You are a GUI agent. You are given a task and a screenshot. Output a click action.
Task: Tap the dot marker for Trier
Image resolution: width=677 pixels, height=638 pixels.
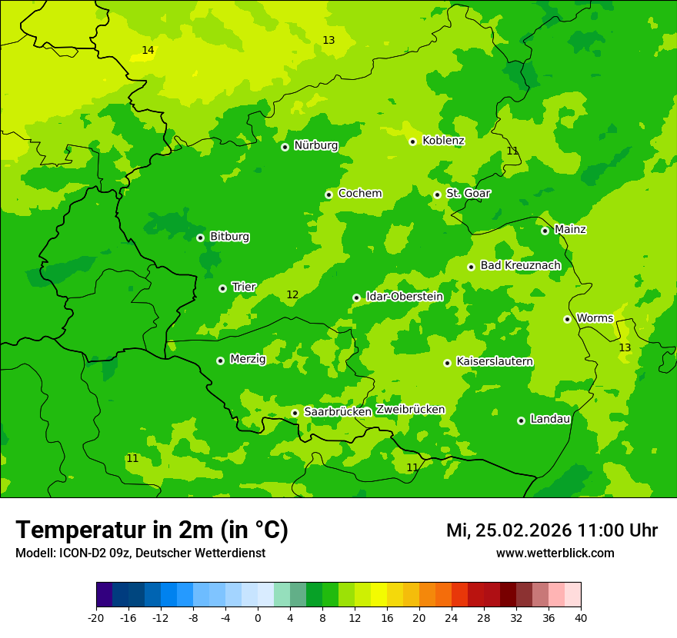tap(222, 288)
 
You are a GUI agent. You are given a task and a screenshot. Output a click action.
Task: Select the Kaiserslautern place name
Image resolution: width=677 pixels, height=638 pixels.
tap(495, 361)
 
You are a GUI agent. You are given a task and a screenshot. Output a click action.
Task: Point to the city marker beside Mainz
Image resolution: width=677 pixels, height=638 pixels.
tap(545, 231)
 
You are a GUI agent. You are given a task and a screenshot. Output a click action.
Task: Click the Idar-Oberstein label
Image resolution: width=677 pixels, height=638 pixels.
tap(404, 297)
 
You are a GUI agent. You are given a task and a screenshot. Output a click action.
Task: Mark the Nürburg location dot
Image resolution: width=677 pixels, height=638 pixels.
tap(285, 147)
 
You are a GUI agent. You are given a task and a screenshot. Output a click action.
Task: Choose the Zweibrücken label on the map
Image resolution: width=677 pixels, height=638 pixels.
tap(410, 410)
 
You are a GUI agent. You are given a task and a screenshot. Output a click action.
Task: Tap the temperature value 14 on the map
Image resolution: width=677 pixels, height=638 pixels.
tap(148, 51)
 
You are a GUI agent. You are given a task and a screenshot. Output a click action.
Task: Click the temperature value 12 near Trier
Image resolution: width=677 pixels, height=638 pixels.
tap(292, 295)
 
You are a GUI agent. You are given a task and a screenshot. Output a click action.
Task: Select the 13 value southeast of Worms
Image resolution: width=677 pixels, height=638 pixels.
tap(625, 348)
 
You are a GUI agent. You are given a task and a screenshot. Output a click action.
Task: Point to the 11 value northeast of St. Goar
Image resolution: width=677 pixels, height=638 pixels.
tap(512, 151)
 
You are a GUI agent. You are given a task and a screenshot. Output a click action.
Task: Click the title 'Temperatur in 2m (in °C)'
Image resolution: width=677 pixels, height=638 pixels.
tap(152, 530)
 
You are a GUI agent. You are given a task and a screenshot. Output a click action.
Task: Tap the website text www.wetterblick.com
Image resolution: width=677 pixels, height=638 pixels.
tap(555, 553)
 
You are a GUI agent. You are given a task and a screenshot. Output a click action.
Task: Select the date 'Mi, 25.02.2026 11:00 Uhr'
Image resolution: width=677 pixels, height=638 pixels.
tap(552, 530)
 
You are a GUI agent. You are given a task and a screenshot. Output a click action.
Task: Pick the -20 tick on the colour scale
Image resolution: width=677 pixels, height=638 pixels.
tap(96, 618)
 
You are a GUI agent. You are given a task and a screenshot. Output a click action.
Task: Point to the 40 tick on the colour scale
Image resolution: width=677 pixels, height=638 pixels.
tap(581, 618)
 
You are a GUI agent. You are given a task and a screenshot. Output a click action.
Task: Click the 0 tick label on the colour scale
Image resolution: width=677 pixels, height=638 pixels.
tap(258, 618)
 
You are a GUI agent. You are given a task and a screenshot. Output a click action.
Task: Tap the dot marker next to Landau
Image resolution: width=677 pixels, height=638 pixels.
tap(521, 420)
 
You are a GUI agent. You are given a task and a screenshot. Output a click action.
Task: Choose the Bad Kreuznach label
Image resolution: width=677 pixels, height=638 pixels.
tap(520, 265)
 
